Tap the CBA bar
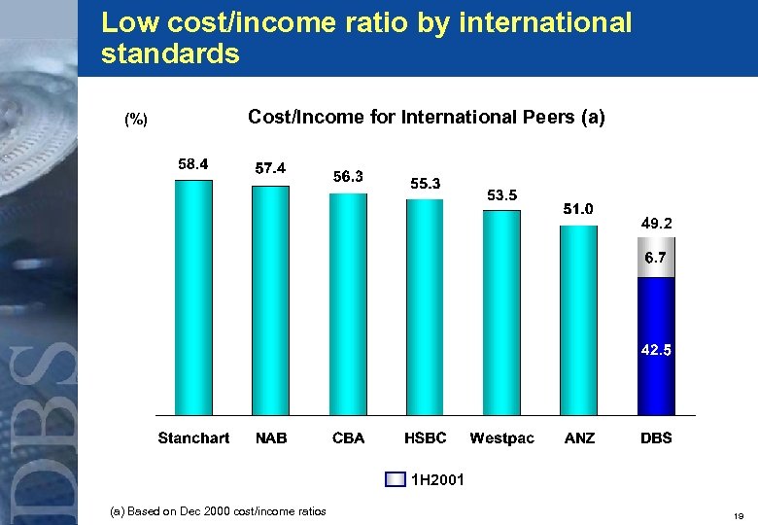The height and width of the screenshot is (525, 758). (x=348, y=305)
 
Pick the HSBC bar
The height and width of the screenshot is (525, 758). (x=425, y=308)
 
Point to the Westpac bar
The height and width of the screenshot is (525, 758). (x=501, y=313)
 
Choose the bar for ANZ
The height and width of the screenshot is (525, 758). (x=578, y=321)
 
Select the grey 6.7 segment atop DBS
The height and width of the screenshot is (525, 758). (x=656, y=258)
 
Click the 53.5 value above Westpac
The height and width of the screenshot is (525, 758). (x=502, y=195)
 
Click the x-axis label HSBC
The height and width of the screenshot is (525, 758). (x=426, y=438)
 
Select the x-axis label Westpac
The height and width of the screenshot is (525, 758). (x=502, y=438)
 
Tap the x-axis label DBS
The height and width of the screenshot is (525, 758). (x=656, y=438)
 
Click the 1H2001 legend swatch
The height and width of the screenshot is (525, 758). (x=396, y=479)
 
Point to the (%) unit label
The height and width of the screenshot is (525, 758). (x=136, y=120)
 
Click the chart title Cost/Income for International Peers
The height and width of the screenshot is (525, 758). (x=426, y=118)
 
